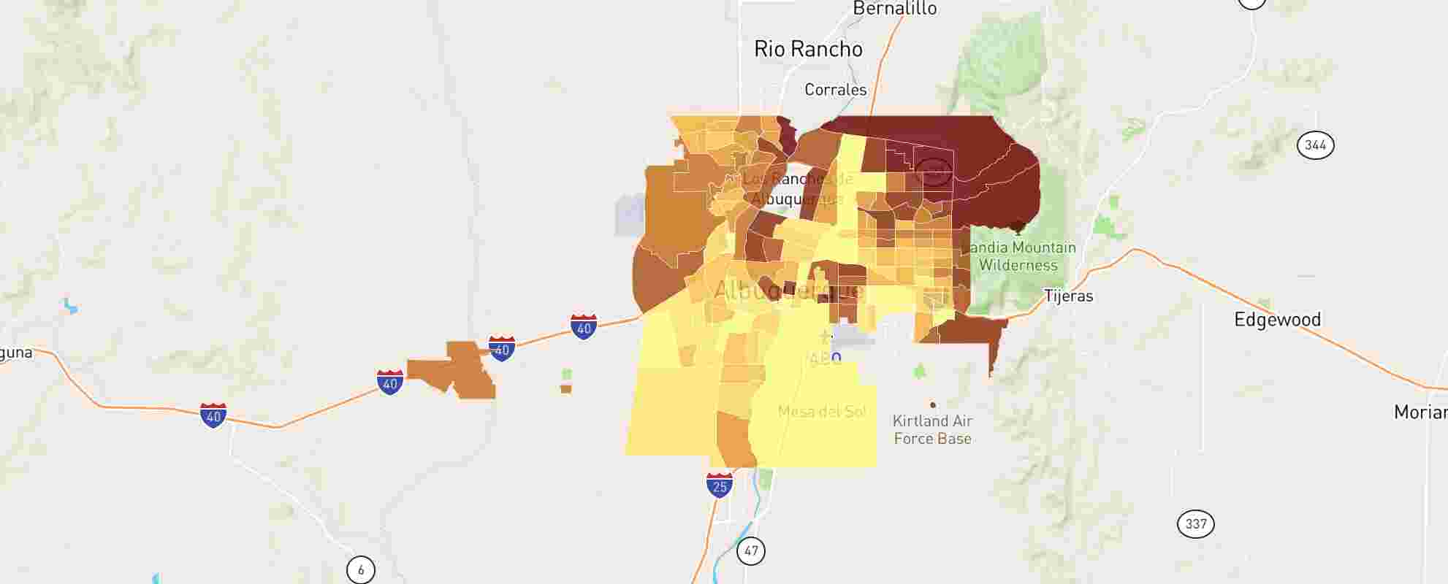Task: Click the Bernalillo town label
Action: coord(895,9)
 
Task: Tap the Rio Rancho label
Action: coord(808,49)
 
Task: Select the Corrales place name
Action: coord(835,90)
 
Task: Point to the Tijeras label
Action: coord(1068,296)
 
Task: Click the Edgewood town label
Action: coord(1277,320)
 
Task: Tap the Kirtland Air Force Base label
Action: coord(932,430)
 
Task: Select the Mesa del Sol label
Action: coord(822,412)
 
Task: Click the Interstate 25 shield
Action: coord(720,485)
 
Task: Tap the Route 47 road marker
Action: coord(751,550)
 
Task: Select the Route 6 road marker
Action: coord(360,569)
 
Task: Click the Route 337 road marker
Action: coord(1196,524)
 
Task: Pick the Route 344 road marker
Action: coord(1315,145)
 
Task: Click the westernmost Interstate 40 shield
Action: coord(213,415)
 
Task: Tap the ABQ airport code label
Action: coord(825,359)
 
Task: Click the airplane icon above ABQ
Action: coord(825,337)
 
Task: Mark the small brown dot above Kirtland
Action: coord(932,404)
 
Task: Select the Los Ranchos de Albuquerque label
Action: coord(798,189)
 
